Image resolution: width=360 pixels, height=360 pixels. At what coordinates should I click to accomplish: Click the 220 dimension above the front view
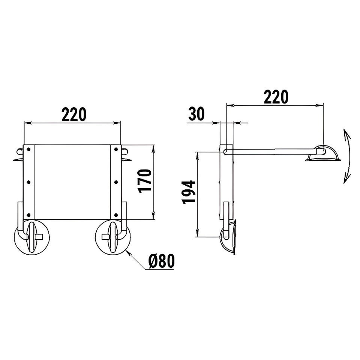coord(74,114)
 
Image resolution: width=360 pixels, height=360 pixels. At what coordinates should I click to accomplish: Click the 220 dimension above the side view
coord(276,97)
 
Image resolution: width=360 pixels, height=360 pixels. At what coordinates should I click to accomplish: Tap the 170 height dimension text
coord(145,181)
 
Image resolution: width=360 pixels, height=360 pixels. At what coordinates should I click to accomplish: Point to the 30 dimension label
coord(196,114)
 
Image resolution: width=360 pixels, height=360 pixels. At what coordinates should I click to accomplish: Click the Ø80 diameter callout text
coord(161,261)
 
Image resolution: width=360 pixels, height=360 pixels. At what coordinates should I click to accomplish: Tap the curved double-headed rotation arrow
coord(347,156)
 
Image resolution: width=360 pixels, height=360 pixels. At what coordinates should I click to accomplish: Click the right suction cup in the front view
coord(113,237)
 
